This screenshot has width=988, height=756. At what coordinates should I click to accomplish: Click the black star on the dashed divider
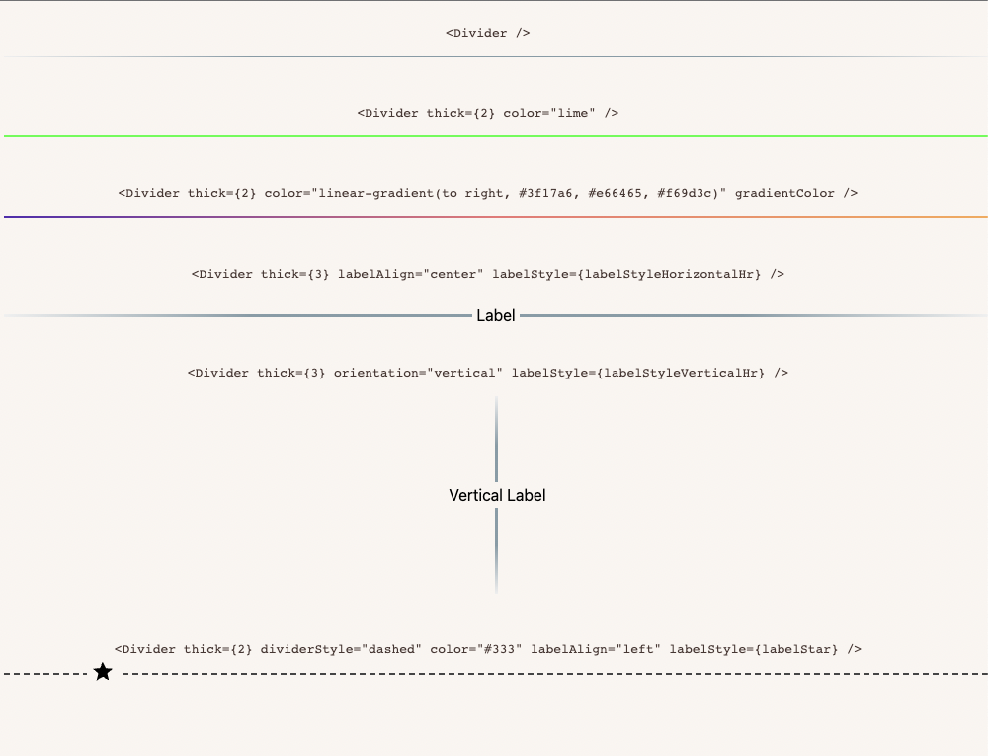click(103, 673)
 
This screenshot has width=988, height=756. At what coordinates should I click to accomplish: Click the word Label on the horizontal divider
click(496, 315)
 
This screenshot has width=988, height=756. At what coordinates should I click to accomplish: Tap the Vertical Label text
click(497, 495)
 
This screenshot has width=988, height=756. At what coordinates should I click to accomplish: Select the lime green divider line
click(494, 136)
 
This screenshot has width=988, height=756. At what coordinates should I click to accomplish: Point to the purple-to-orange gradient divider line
click(494, 216)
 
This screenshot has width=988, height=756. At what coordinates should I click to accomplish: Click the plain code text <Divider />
click(488, 33)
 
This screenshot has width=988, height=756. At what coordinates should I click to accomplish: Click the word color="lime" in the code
click(549, 113)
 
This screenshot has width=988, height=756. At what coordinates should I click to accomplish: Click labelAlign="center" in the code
click(407, 273)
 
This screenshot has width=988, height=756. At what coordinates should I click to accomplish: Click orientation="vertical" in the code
click(419, 373)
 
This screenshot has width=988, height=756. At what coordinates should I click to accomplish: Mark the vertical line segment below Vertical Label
click(496, 550)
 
